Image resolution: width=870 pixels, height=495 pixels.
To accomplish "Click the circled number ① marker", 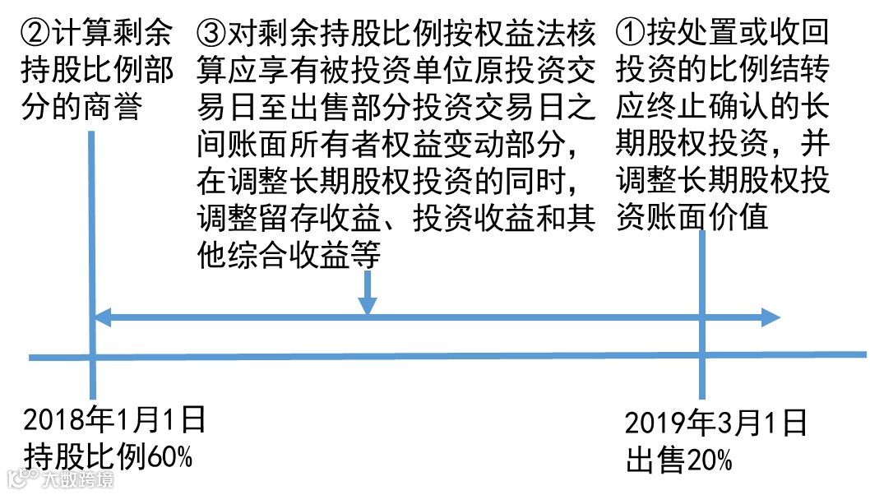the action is point(631,34).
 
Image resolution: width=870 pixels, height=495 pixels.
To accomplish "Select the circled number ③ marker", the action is point(211,34).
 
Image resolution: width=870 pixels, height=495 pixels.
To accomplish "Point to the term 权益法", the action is point(533,34).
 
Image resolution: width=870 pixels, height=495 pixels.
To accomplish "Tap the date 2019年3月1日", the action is point(715,424).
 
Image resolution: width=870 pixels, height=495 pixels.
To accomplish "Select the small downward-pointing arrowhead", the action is point(368,304).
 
